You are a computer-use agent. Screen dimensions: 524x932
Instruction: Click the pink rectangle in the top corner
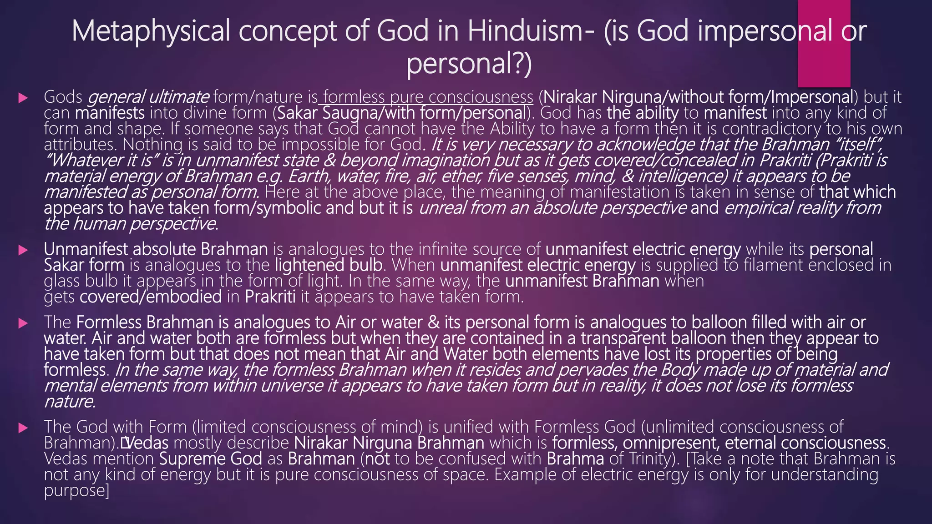click(824, 44)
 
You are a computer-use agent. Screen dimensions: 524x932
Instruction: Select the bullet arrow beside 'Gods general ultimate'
click(23, 98)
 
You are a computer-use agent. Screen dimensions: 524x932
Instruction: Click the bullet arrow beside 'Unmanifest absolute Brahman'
click(23, 250)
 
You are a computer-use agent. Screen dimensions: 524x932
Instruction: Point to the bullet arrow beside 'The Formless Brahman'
click(23, 323)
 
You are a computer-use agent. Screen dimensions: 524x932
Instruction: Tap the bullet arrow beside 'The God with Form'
click(23, 428)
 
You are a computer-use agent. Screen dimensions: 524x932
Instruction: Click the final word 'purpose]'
click(76, 491)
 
